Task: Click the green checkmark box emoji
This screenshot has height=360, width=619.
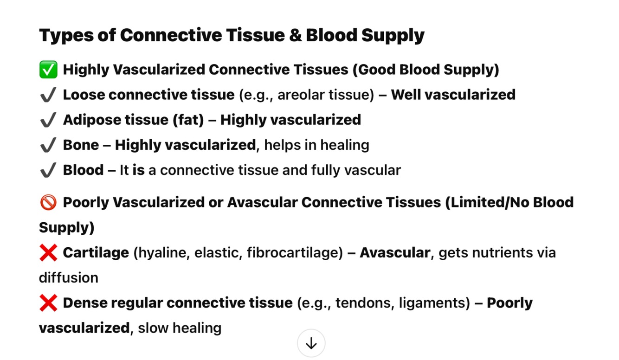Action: (48, 70)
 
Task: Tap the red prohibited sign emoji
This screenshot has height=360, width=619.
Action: (48, 203)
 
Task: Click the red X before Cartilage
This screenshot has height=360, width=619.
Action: (48, 253)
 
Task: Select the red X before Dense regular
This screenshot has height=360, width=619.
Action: (48, 303)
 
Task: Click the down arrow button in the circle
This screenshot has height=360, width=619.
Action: (311, 343)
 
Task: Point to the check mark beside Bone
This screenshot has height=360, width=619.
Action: (48, 145)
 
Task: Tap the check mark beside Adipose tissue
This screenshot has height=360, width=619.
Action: (48, 120)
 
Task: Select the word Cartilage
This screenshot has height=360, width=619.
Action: (96, 253)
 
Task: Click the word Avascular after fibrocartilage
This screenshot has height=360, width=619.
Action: (395, 253)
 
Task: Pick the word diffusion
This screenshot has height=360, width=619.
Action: (69, 278)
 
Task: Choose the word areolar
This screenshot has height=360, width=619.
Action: (298, 95)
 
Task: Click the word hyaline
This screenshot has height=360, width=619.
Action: (161, 253)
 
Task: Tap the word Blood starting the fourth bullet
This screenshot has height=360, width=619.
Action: (83, 170)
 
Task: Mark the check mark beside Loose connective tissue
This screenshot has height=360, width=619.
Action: (48, 95)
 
